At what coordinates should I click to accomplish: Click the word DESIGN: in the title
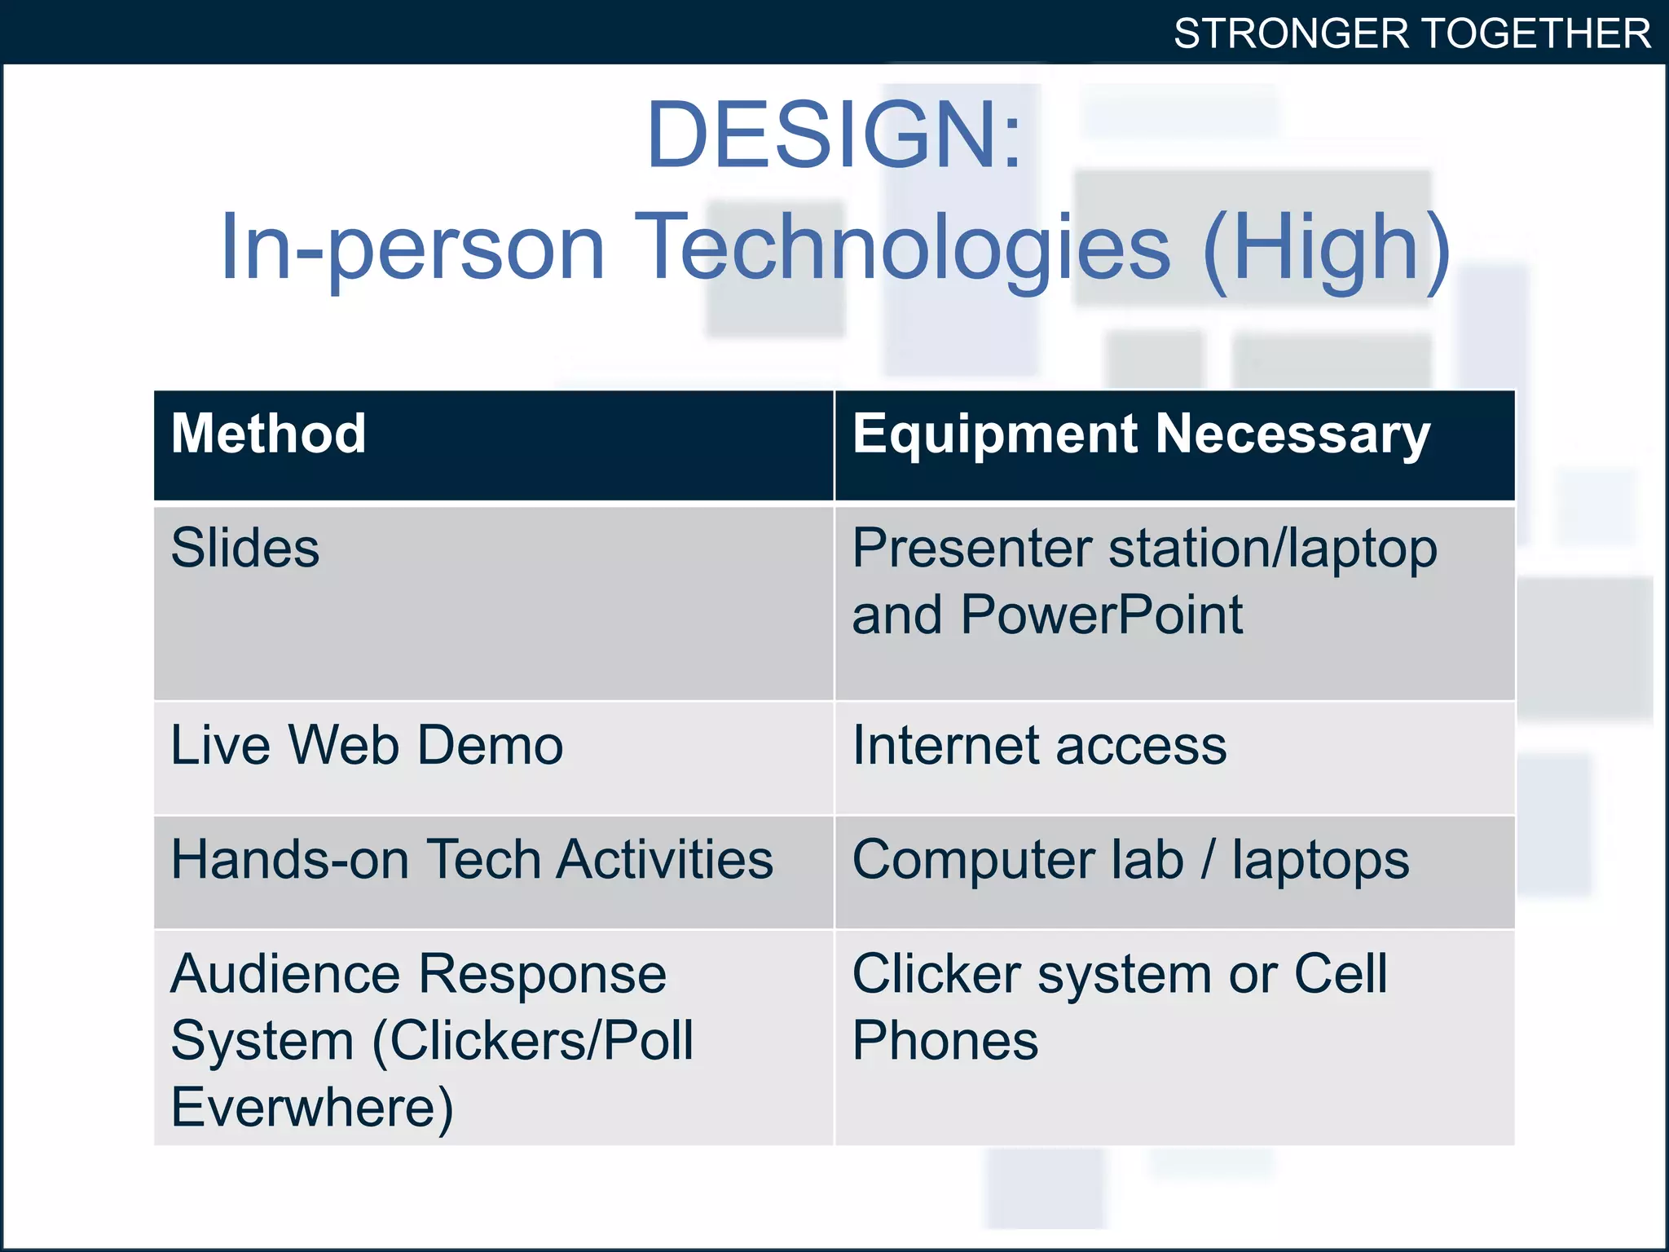pos(833,134)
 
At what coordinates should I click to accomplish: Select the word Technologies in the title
pos(902,247)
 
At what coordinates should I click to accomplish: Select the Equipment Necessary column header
pos(1141,434)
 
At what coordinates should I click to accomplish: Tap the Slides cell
pos(245,548)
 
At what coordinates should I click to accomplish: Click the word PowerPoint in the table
pos(1101,615)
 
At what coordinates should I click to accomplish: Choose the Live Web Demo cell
pos(367,746)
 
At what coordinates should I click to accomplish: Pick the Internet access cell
pos(1039,746)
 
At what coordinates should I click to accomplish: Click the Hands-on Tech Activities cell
pos(472,860)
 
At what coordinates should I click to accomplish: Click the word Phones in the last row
pos(945,1041)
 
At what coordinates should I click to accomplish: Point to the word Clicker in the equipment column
pos(936,974)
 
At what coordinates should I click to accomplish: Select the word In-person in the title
pos(412,247)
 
